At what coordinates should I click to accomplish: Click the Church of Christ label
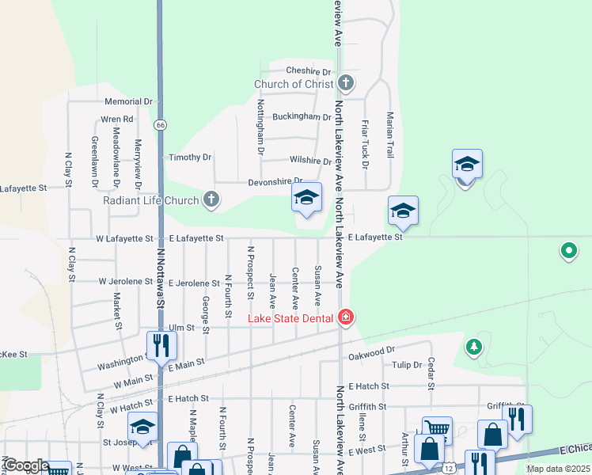point(294,84)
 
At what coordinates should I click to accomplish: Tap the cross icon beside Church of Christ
point(345,82)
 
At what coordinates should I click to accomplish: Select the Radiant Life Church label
point(151,199)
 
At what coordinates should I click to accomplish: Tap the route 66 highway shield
point(161,125)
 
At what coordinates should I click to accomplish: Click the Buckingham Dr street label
point(302,116)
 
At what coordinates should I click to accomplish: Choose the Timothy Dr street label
point(190,158)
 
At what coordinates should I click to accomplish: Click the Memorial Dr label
point(128,101)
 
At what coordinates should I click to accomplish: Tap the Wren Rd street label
point(116,120)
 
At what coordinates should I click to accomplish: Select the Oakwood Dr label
point(371,349)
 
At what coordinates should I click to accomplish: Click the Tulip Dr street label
point(407,365)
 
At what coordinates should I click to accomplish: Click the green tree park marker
point(473,346)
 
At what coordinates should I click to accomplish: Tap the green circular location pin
point(568,252)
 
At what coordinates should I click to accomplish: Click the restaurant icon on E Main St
point(160,345)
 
